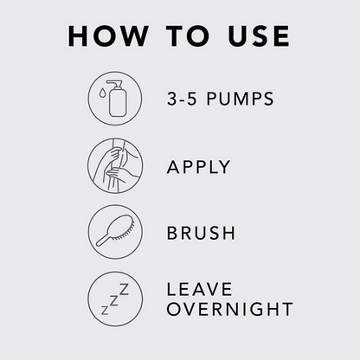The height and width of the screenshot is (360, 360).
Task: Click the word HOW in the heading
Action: point(108,36)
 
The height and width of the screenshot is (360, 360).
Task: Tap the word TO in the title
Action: point(188,36)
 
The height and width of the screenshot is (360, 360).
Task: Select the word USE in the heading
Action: point(259,36)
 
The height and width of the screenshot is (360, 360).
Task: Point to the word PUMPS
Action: point(240,99)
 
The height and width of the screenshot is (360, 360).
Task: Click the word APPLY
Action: point(198,167)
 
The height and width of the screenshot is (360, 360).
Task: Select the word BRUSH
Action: point(201,233)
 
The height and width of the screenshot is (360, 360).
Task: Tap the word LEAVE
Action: point(199,289)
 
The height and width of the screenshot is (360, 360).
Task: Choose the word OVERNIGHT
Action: point(229,309)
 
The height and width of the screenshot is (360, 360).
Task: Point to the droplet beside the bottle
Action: point(102,93)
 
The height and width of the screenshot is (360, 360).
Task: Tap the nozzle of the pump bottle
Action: point(115,84)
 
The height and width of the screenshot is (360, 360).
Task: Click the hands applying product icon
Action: point(115,165)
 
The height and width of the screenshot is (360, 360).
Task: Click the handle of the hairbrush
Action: point(103,240)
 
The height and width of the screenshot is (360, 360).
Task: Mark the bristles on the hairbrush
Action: point(123,235)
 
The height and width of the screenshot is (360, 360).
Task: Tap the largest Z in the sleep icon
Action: point(124,289)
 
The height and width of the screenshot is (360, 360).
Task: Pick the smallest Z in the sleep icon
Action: point(105,311)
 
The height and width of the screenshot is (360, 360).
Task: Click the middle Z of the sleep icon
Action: point(114,300)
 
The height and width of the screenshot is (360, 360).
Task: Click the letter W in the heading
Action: point(133,36)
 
